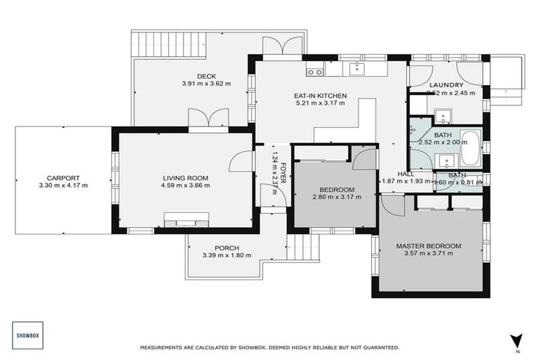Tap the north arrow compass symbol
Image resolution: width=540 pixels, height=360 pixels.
[x=517, y=340]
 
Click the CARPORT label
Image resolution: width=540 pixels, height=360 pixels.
[x=63, y=178]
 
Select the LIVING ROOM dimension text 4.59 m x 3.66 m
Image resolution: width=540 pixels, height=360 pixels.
[x=186, y=186]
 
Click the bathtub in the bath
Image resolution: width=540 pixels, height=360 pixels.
[x=470, y=145]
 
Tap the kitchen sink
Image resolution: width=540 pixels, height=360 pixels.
[x=358, y=68]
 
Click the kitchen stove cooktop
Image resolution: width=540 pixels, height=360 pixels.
[x=314, y=71]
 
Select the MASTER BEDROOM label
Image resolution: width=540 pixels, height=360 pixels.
[x=429, y=245]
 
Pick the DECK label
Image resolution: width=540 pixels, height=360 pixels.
[x=206, y=77]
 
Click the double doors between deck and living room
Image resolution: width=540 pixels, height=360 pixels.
[x=208, y=120]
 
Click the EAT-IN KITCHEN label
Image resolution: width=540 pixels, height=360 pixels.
[x=320, y=95]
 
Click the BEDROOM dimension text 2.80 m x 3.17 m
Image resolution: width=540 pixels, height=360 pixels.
[x=337, y=197]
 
